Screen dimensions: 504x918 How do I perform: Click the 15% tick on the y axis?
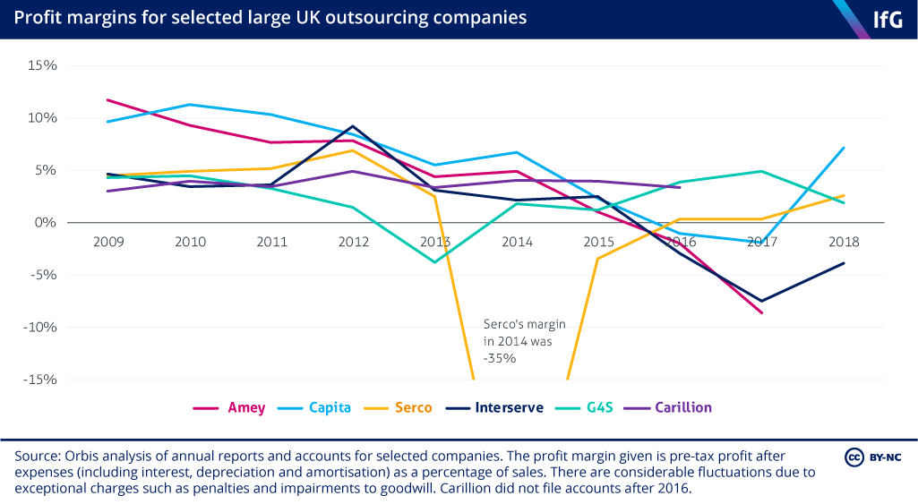point(41,65)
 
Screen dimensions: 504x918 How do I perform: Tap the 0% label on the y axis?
point(45,222)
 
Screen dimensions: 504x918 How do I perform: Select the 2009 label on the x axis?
point(108,242)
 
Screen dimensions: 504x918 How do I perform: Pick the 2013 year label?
point(435,242)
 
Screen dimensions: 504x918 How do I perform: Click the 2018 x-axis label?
point(844,242)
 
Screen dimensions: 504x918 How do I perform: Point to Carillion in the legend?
point(683,407)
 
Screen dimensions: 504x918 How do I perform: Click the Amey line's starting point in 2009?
point(108,99)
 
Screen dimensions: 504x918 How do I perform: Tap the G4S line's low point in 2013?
point(435,262)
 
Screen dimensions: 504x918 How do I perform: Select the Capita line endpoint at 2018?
point(844,148)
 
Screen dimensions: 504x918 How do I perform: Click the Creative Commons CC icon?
point(854,457)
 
